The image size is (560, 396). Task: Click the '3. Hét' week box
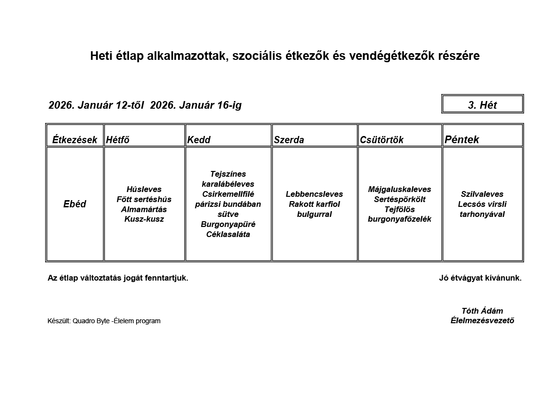tap(482, 105)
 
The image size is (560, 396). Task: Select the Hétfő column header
tap(118, 140)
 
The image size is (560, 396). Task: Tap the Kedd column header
tap(199, 140)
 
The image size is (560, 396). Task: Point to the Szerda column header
tap(289, 140)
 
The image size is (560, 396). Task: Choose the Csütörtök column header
tap(382, 140)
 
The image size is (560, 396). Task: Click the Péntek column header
tap(462, 140)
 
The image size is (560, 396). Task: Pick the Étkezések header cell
tap(75, 140)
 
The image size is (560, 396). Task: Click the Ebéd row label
tap(75, 204)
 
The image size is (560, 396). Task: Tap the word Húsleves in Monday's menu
tap(144, 189)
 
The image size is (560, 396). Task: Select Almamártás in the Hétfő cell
tap(144, 209)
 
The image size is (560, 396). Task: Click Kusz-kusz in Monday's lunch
tap(144, 219)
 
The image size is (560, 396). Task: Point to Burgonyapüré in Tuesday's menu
tap(228, 224)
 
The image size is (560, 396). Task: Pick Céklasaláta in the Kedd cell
tap(228, 234)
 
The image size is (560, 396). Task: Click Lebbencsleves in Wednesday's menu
tap(314, 194)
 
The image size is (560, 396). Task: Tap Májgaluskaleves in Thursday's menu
tap(400, 189)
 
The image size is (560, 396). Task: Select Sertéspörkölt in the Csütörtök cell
tap(400, 199)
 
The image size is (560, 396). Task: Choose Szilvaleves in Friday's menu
tap(482, 194)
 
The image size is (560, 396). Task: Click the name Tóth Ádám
tap(482, 311)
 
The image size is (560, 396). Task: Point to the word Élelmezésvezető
tap(482, 321)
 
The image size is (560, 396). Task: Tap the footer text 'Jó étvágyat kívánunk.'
tap(480, 278)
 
